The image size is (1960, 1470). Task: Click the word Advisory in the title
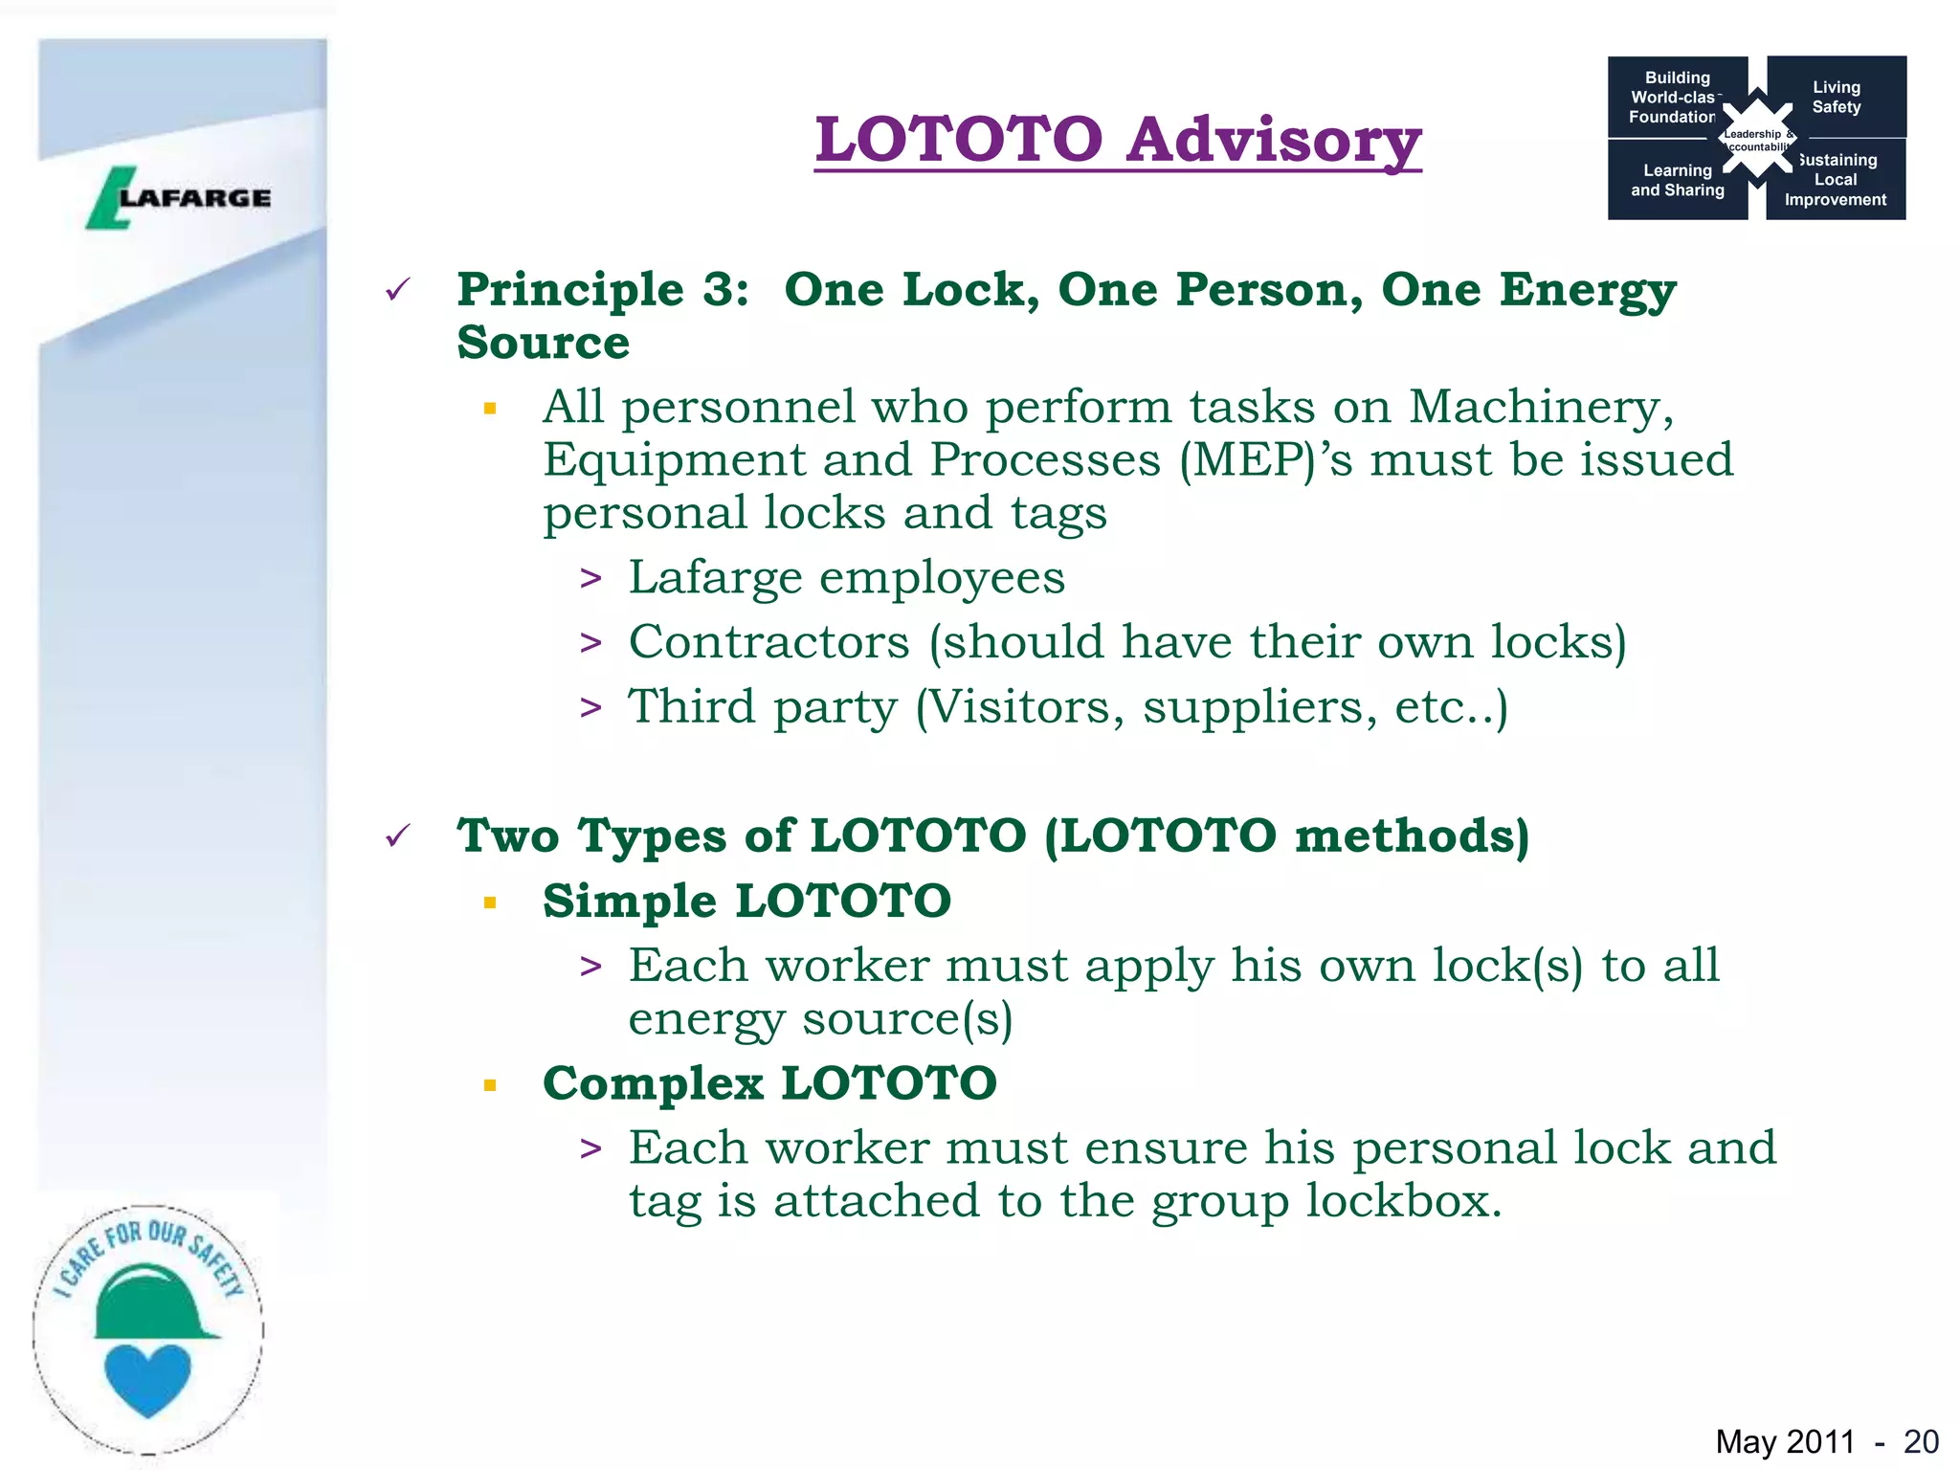[x=1273, y=141]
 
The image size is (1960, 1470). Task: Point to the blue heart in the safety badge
[x=147, y=1379]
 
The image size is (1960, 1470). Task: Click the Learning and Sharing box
[x=1677, y=180]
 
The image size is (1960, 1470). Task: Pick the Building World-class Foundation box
[x=1675, y=97]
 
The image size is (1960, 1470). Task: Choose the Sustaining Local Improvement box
[x=1836, y=180]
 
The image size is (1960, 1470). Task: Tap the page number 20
[x=1921, y=1441]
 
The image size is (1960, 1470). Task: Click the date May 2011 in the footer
[x=1785, y=1441]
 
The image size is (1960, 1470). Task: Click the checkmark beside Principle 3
[x=397, y=289]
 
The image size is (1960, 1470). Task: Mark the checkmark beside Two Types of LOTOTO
[x=397, y=835]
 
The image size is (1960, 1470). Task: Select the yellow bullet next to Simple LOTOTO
[x=490, y=902]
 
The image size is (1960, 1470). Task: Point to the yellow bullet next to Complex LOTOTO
[x=490, y=1085]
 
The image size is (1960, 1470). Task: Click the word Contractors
[x=768, y=641]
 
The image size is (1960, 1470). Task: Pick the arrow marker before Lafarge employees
[x=590, y=579]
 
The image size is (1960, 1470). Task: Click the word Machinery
[x=1541, y=408]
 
